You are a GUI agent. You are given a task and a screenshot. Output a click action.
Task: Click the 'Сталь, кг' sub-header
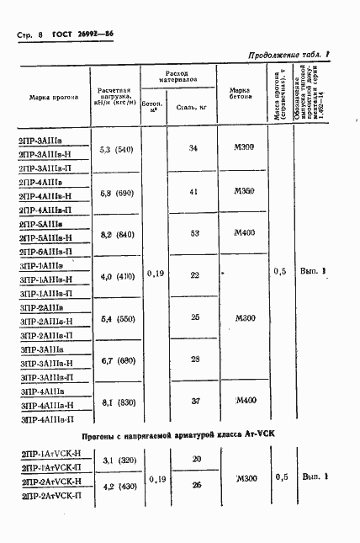tap(193, 107)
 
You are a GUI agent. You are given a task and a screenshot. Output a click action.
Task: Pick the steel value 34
tap(193, 148)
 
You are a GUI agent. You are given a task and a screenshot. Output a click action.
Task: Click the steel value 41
tap(193, 192)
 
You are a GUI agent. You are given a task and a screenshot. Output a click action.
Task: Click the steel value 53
tap(193, 232)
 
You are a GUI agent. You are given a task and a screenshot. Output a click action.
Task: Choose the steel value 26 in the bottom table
tap(196, 485)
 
